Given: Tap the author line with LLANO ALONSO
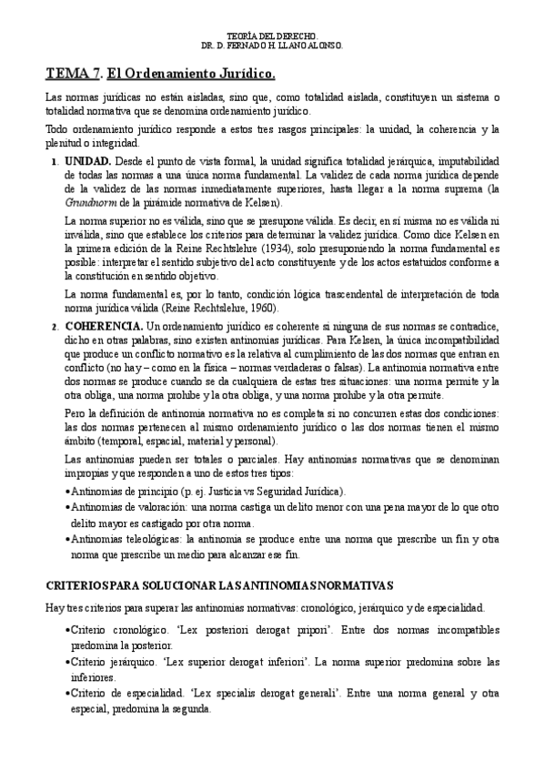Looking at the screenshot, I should (271, 46).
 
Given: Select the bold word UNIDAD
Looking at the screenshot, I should (87, 159).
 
